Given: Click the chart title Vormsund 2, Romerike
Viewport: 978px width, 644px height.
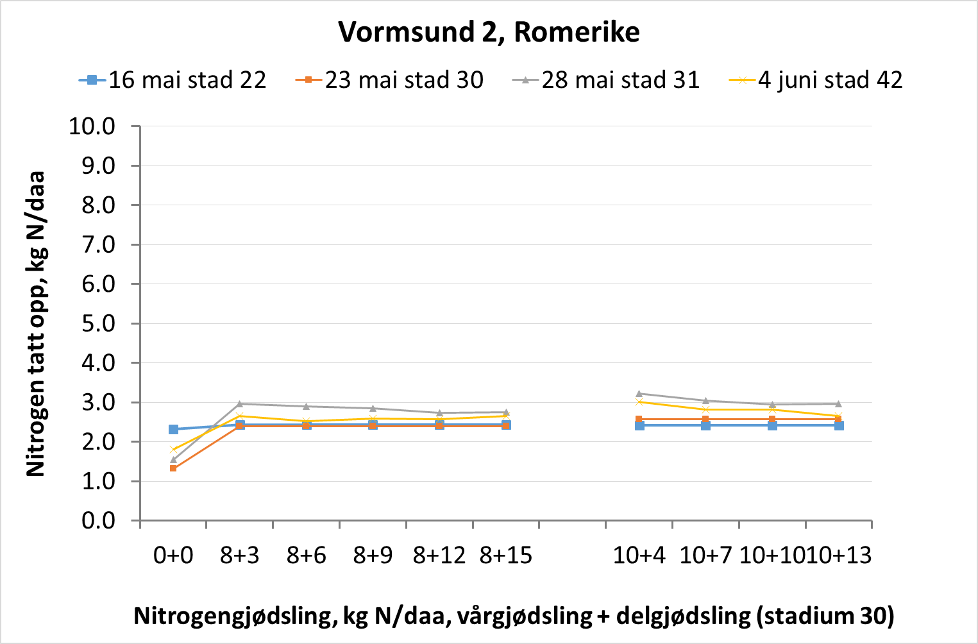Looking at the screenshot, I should coord(489,31).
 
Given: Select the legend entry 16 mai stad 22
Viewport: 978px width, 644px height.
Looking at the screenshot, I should coord(187,80).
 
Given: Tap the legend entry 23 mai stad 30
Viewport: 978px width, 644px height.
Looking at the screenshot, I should coord(403,80).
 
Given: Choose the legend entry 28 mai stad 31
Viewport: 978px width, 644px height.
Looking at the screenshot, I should coord(620,80).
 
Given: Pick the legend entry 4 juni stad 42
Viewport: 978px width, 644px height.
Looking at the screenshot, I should coord(830,80).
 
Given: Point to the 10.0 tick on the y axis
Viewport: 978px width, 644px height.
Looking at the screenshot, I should coord(92,126).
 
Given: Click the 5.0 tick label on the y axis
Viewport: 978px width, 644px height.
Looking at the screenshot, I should coord(98,323).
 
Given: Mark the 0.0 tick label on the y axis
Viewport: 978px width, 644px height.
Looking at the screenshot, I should coord(98,521).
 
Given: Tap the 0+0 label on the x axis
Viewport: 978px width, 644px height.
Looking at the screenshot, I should coord(173,555).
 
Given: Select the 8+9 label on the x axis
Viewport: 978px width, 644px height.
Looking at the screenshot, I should coord(373,555).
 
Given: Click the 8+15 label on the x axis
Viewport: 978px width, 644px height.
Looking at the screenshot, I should coord(506,555).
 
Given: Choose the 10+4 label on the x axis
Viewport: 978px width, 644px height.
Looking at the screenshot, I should coord(639,555).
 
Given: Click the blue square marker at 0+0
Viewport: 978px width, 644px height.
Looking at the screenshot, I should coord(173,429).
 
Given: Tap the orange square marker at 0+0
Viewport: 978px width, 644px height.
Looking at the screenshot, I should coord(173,469).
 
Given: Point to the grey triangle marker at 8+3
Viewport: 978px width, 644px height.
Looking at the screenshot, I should coord(240,403).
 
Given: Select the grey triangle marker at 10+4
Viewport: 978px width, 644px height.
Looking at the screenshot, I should coord(639,393).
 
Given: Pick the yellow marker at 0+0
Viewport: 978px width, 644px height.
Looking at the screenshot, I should coord(173,450).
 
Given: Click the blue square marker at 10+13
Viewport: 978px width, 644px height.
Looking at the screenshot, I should coord(839,425).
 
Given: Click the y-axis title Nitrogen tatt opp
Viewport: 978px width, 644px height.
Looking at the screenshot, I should coord(36,324).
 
